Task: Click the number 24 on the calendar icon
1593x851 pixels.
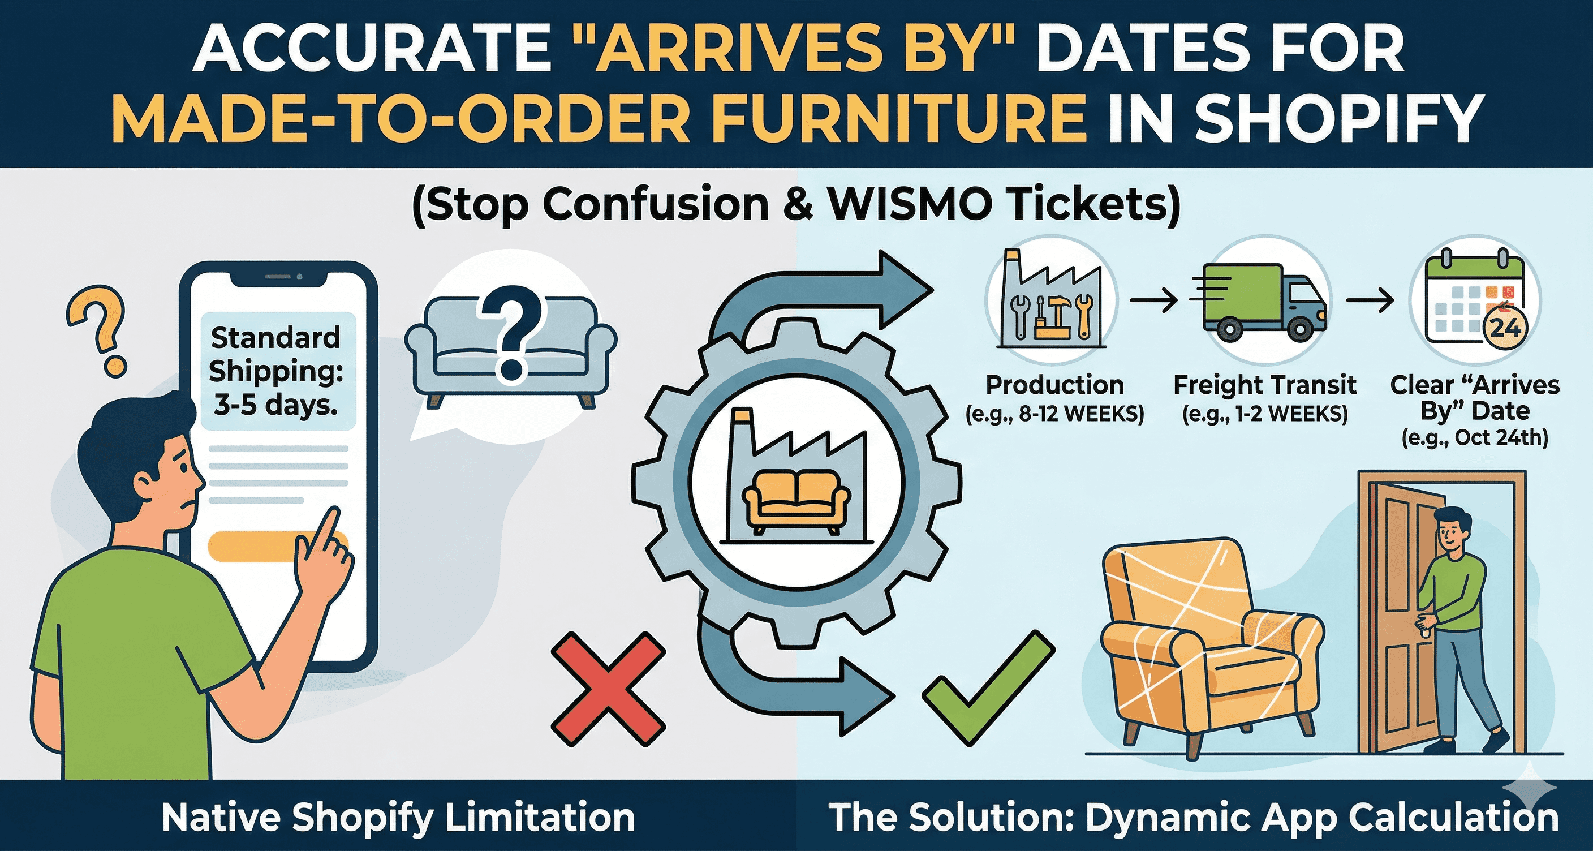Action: (1505, 327)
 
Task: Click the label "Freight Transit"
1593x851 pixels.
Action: (1265, 385)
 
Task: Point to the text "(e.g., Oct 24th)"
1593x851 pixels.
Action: (1475, 438)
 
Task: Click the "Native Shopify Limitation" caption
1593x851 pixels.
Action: (398, 818)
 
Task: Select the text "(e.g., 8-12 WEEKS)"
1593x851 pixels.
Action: (1054, 413)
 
